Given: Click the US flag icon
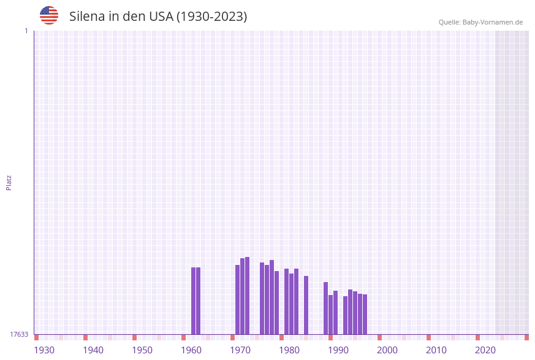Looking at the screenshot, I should coord(49,15).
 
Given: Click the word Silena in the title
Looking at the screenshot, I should coord(86,17).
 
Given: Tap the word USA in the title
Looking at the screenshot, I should coord(161,17).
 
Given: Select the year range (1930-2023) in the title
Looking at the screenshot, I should coord(211,17).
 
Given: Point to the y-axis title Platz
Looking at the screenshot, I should coord(9,183).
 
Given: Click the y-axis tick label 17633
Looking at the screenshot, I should coord(19,334).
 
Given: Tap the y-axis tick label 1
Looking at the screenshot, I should coord(26,31).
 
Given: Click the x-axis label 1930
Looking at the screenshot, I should coord(44,350).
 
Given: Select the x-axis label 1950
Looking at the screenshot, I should coord(142,350).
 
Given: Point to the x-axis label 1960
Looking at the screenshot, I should coord(191,350).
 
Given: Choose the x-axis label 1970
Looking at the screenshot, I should coord(240,350).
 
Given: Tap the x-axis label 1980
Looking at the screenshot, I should coord(289,350).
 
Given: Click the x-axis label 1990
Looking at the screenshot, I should coord(338,350).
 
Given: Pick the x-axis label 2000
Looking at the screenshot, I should coord(387,350).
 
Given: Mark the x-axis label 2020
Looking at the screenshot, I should coord(485,350).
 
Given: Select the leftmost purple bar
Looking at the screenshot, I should coord(193,301).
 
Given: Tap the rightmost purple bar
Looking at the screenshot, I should coord(365,314).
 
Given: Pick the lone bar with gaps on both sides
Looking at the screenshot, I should coord(306,305).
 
